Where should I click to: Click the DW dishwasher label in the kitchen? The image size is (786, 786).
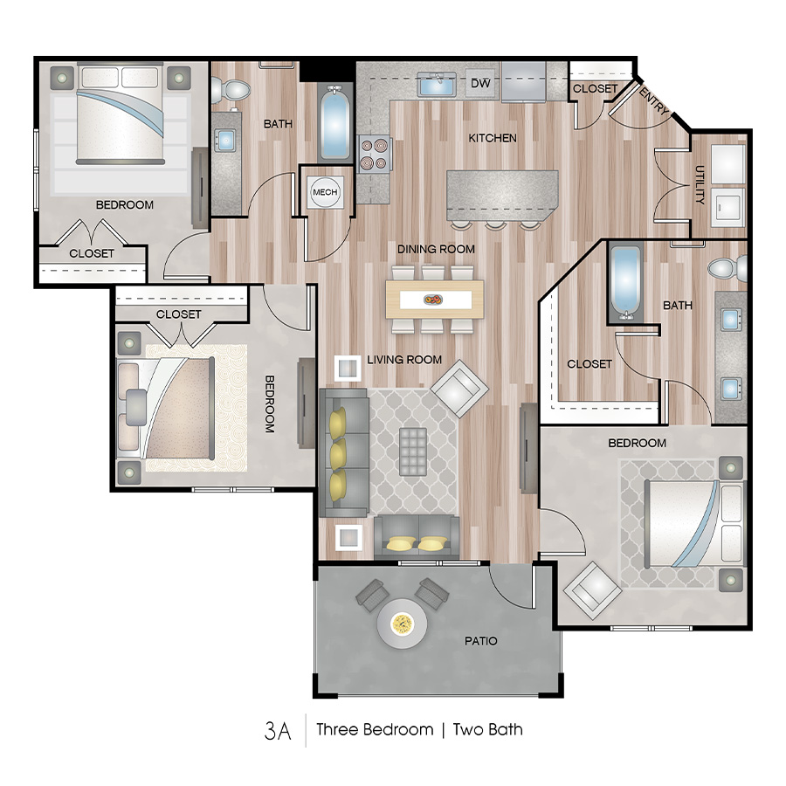pyautogui.click(x=479, y=84)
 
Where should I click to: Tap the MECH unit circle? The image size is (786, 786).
pyautogui.click(x=325, y=192)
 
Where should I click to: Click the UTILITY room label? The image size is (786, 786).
pyautogui.click(x=700, y=185)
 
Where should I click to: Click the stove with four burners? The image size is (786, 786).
pyautogui.click(x=372, y=153)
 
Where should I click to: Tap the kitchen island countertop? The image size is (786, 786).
pyautogui.click(x=502, y=192)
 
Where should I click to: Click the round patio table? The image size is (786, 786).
pyautogui.click(x=402, y=624)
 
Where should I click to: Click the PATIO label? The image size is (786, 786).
pyautogui.click(x=480, y=641)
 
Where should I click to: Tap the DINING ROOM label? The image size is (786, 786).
pyautogui.click(x=436, y=249)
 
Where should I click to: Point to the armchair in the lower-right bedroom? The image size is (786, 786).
pyautogui.click(x=593, y=589)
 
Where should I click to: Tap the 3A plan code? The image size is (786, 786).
pyautogui.click(x=277, y=729)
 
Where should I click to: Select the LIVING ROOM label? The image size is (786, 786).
pyautogui.click(x=404, y=360)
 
